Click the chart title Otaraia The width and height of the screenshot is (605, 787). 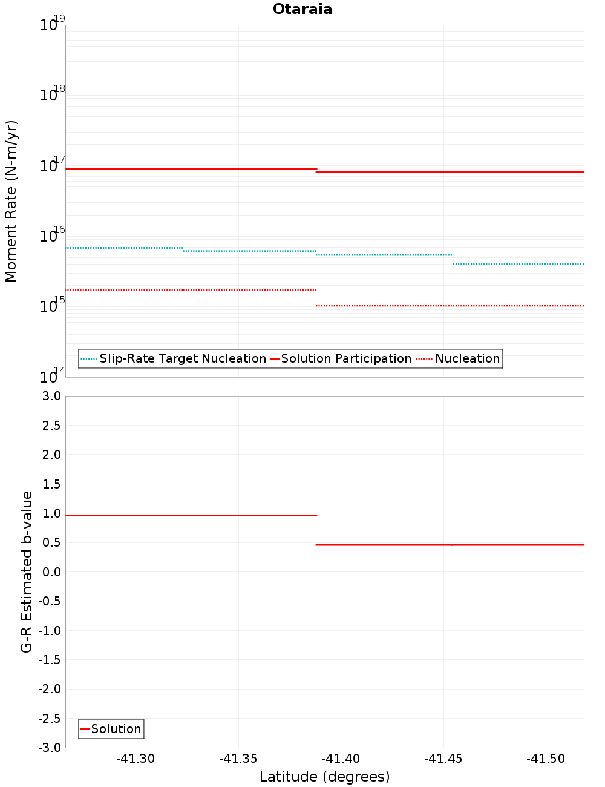(x=302, y=9)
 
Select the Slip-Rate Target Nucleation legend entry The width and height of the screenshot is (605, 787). (x=182, y=358)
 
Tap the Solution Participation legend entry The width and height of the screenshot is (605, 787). (x=346, y=358)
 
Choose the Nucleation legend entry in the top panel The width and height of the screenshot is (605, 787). (x=467, y=358)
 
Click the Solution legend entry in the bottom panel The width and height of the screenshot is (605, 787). (x=116, y=729)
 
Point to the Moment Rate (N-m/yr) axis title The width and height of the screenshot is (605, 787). (x=11, y=201)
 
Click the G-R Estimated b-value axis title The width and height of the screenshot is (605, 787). (x=27, y=571)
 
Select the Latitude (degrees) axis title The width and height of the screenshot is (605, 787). (x=324, y=777)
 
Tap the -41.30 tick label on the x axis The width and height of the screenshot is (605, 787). (x=136, y=759)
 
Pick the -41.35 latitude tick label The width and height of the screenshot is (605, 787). (x=238, y=759)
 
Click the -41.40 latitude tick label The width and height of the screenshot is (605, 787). (x=341, y=759)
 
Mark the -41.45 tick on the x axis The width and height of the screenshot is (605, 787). (x=443, y=759)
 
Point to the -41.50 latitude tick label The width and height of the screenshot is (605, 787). (x=546, y=759)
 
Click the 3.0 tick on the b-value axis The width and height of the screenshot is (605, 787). (x=51, y=396)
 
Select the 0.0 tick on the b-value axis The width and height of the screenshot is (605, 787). (x=51, y=571)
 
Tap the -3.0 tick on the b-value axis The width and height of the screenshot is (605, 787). (x=50, y=748)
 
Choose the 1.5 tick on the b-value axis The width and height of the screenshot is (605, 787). (x=51, y=484)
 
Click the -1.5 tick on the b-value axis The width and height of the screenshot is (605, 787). (x=50, y=660)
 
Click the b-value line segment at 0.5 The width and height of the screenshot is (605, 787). (x=450, y=545)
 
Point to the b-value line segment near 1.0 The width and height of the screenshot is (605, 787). (x=191, y=515)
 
